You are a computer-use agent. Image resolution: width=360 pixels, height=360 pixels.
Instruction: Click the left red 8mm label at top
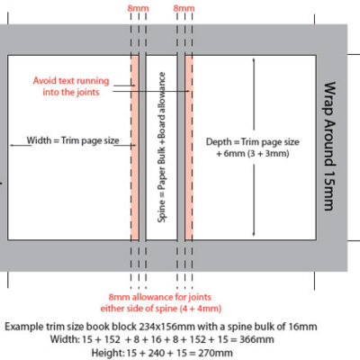pos(138,8)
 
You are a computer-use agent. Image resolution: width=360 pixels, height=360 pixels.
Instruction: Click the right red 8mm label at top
pos(184,8)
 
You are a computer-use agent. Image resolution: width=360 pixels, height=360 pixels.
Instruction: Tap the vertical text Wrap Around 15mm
pos(329,146)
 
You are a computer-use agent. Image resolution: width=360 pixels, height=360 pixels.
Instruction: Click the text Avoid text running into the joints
pos(71,86)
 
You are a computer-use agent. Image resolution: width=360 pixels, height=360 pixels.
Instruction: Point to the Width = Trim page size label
pos(73,140)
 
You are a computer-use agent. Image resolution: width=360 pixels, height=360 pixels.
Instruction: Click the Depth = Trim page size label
pos(253,141)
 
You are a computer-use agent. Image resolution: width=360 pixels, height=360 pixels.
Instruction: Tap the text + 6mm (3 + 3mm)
pos(253,154)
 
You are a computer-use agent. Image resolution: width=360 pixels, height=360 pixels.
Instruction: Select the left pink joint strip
pos(135,148)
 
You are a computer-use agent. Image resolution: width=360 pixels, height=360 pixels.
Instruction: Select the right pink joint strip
pos(189,148)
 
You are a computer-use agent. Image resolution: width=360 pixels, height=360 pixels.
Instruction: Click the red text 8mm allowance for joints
pos(160,297)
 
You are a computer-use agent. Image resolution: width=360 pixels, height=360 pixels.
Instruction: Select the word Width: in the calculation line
pos(64,339)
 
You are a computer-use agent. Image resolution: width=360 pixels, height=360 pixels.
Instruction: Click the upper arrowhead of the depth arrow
pos(254,60)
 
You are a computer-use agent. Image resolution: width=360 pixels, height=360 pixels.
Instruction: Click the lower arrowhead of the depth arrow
pos(254,233)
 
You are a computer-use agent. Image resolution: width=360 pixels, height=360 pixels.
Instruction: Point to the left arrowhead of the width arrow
pos(13,146)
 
